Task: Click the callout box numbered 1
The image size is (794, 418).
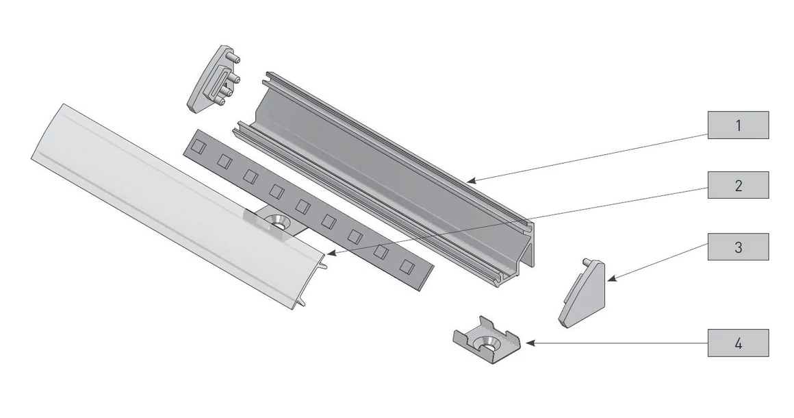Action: pos(738,125)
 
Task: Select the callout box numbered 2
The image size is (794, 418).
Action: pos(738,185)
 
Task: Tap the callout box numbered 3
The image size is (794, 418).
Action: pos(738,247)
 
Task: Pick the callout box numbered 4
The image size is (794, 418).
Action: pos(738,343)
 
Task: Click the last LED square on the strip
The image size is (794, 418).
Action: pos(407,266)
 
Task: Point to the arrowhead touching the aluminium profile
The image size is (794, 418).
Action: pos(472,180)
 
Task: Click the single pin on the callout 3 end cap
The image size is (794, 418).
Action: pos(587,262)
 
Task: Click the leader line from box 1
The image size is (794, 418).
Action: pos(589,157)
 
